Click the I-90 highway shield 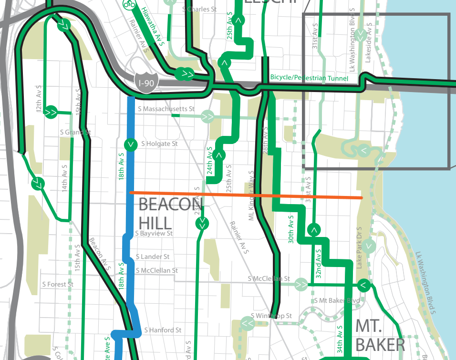point(146,82)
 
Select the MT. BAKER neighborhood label point(380,335)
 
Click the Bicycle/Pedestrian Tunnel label point(309,78)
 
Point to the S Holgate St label point(159,144)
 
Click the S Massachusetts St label point(166,109)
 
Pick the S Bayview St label point(154,234)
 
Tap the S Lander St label point(153,257)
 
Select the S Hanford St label point(163,330)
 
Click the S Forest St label point(57,285)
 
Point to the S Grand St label point(75,132)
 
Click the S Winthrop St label point(271,316)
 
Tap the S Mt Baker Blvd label point(337,301)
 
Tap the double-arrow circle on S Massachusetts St point(207,116)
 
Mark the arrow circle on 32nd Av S point(314,230)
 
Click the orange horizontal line point(246,195)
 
